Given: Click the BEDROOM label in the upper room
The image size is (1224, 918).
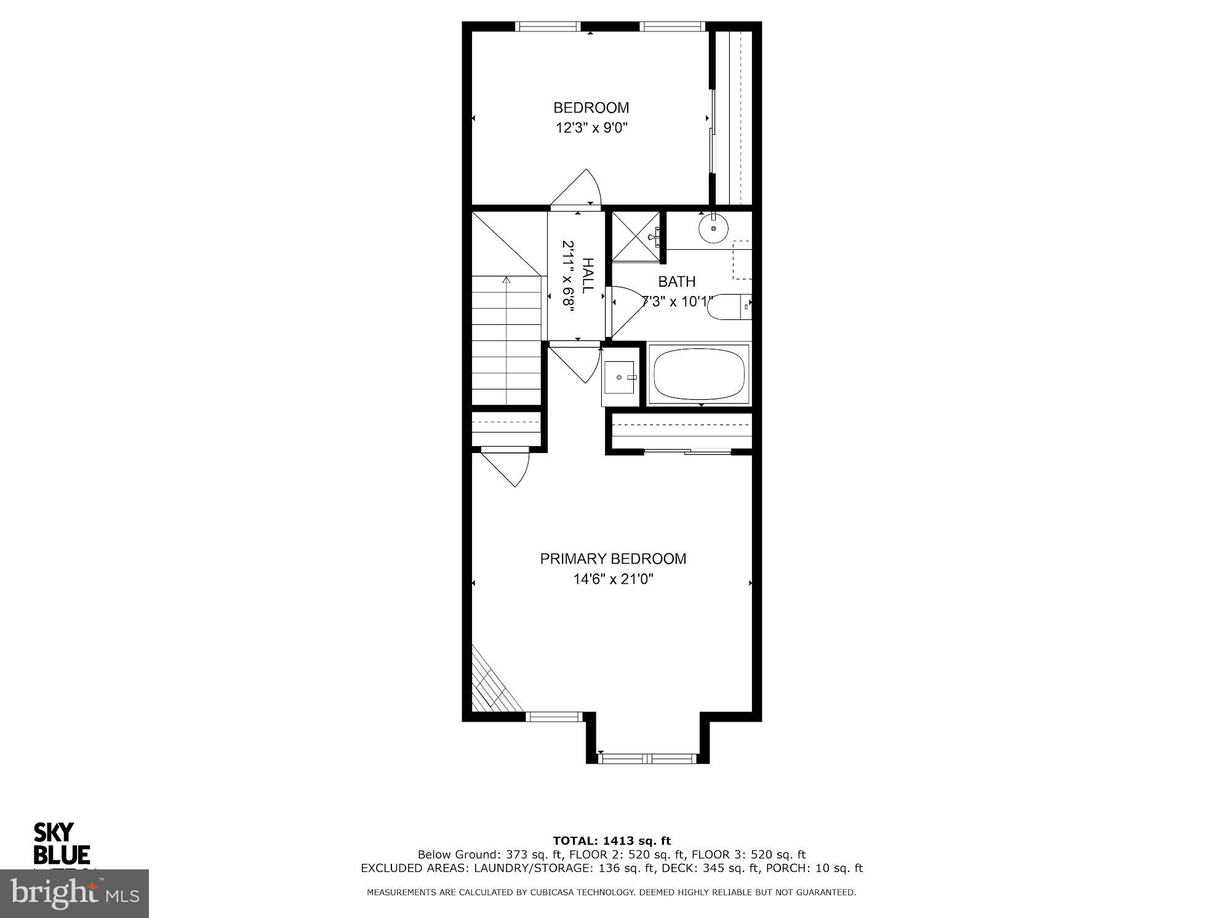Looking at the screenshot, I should coord(591,108).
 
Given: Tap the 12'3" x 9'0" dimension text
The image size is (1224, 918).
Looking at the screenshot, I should coord(591,128).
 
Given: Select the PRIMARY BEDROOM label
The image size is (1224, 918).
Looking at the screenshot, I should coord(613,559).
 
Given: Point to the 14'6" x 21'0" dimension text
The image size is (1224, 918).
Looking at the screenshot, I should coord(613,579).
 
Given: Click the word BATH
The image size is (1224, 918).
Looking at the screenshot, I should coord(677,282).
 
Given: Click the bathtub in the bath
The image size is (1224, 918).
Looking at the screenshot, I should coord(699,374).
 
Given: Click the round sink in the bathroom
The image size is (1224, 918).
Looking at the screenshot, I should coord(713,228).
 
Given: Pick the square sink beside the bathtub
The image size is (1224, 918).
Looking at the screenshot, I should coord(619,377).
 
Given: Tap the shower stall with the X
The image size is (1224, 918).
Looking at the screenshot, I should coord(635,236).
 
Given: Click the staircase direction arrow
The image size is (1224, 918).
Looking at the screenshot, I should coord(506,281).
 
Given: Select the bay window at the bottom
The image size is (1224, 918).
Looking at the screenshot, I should coord(647,758).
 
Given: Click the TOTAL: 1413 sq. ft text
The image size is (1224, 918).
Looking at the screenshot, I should coord(612,840).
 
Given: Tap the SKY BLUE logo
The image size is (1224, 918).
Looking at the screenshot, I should coord(61,844).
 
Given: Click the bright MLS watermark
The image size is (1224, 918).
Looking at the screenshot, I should coord(74,894).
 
